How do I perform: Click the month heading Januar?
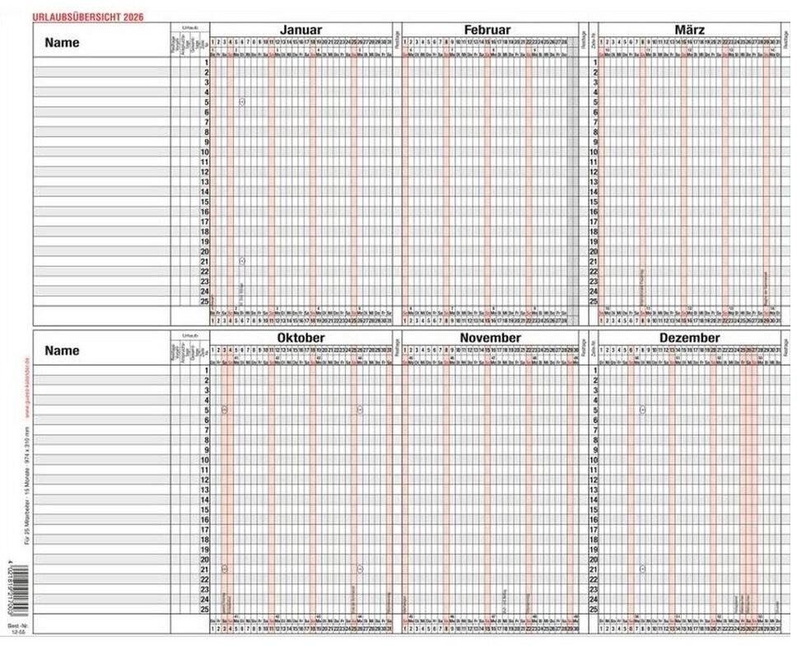click(301, 30)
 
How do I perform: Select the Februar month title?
click(488, 30)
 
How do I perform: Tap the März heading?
click(689, 30)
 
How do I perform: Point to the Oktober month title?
click(301, 338)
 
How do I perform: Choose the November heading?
click(490, 338)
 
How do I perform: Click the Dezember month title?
click(689, 338)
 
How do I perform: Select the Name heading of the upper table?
click(63, 43)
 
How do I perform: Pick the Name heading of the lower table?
click(63, 350)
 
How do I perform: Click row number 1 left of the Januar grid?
click(206, 63)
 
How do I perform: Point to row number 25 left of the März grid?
click(594, 302)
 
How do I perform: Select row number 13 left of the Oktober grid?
click(205, 489)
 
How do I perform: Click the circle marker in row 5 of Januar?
click(242, 102)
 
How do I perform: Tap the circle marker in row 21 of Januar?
click(242, 261)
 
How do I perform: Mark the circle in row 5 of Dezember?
click(642, 410)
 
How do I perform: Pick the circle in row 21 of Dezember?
click(642, 569)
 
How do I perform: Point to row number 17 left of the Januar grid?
click(205, 222)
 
